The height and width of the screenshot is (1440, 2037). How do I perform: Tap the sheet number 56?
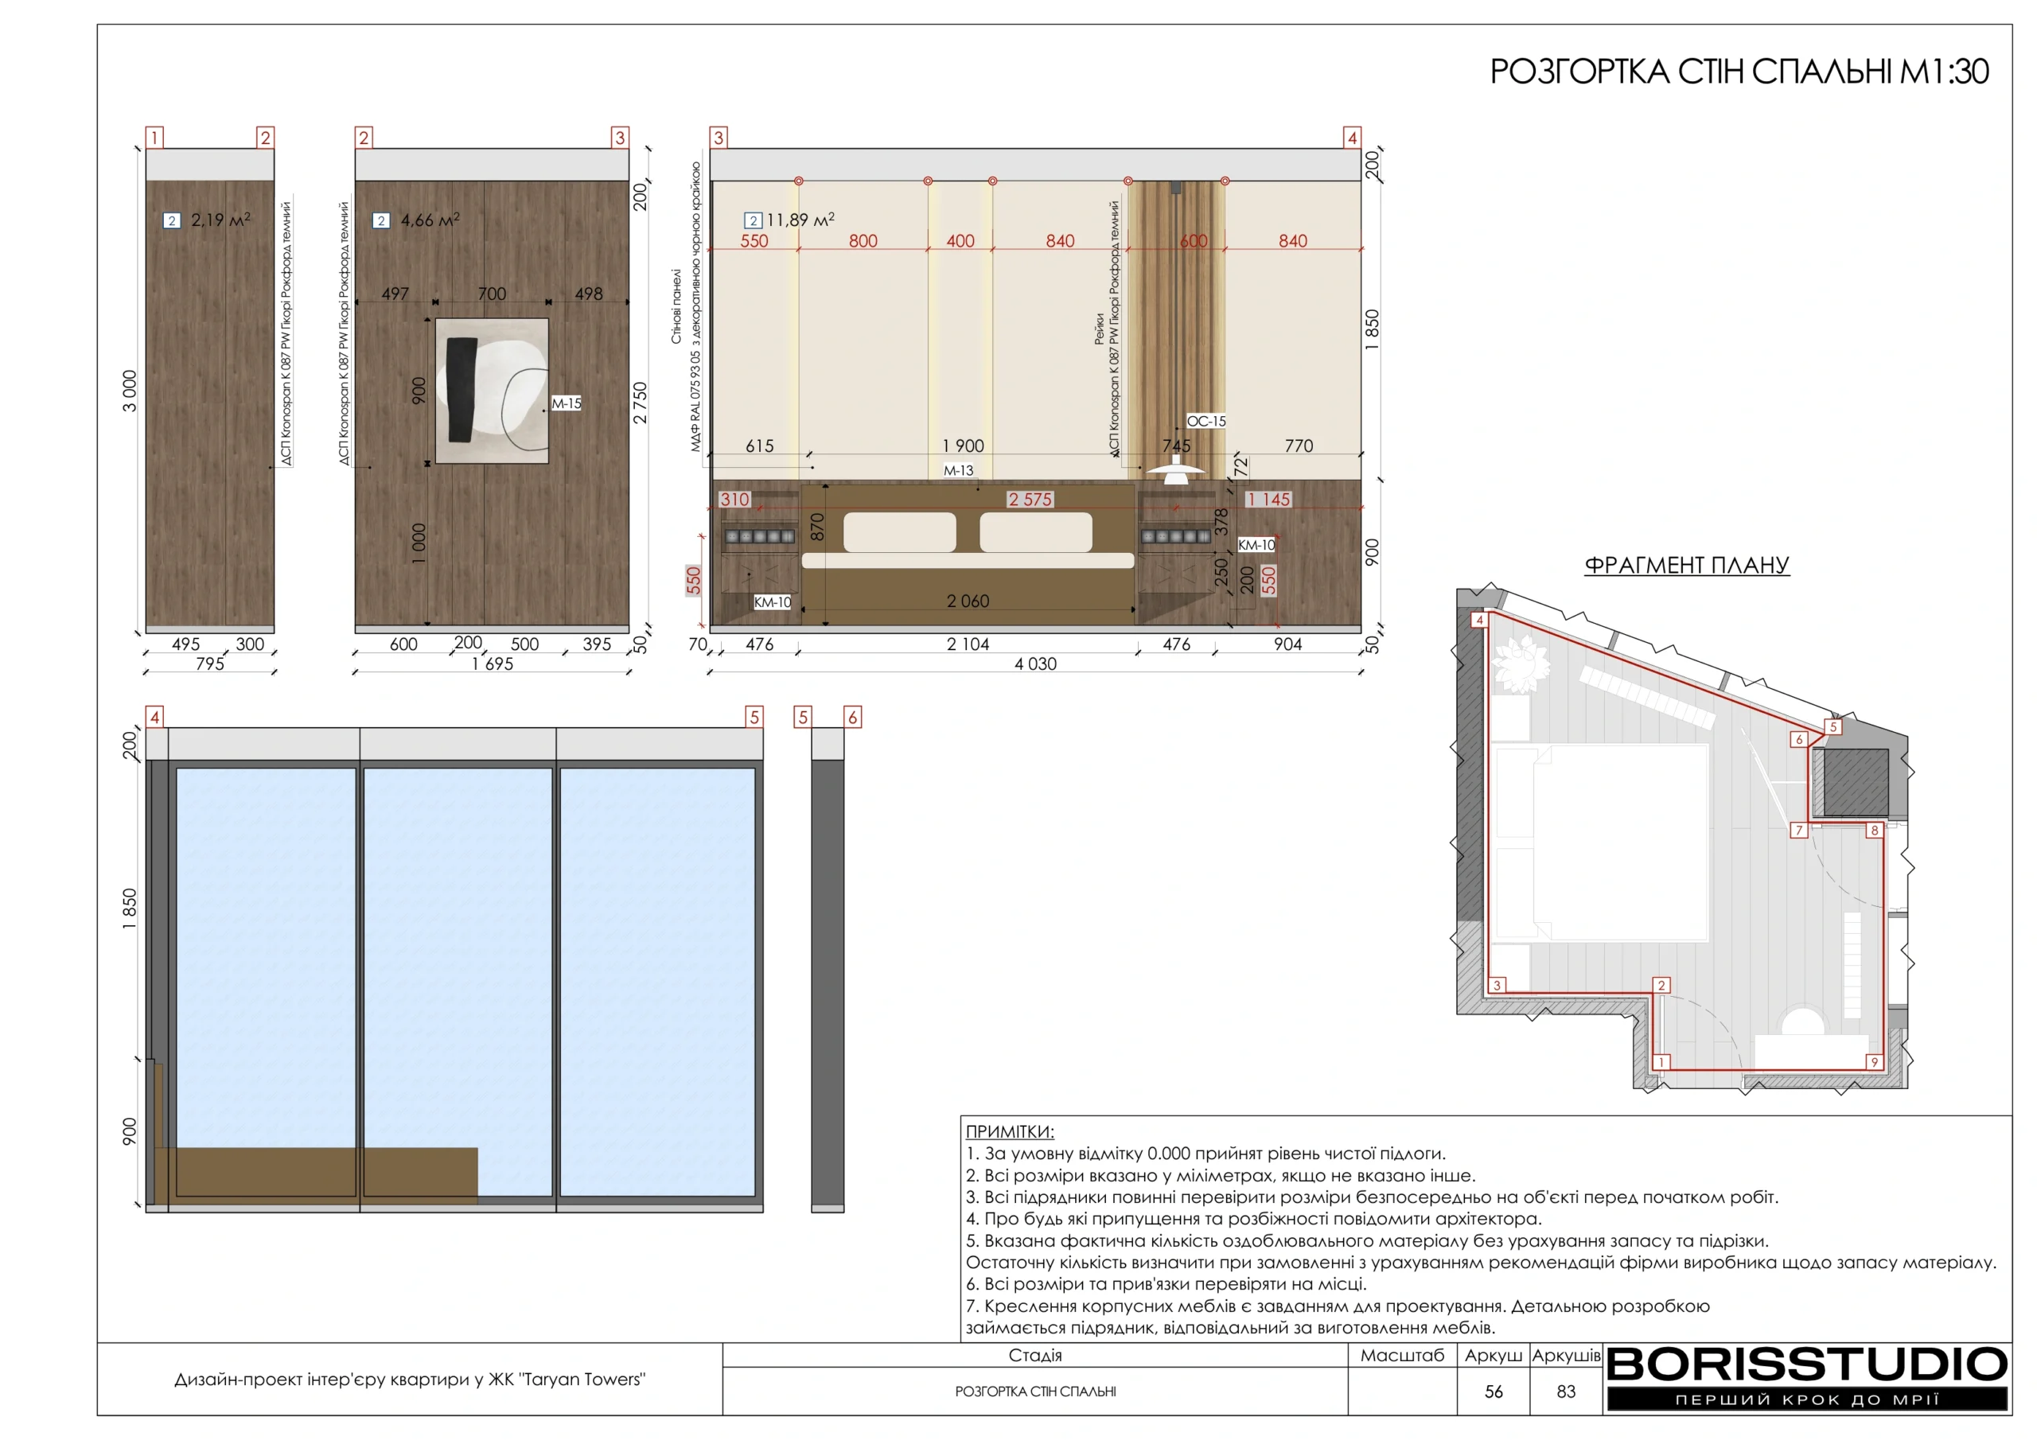[x=1494, y=1391]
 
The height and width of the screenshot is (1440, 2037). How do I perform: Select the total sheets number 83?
[x=1566, y=1391]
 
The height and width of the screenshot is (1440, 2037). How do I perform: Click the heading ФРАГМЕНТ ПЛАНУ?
[x=1687, y=565]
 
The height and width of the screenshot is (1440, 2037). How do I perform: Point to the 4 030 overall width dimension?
[x=1035, y=664]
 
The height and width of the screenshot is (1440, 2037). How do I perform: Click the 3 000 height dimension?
[x=130, y=391]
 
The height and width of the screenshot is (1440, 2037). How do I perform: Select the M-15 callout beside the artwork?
[x=566, y=403]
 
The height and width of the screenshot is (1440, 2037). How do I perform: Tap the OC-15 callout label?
[x=1206, y=421]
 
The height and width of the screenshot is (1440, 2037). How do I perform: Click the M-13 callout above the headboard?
[x=958, y=470]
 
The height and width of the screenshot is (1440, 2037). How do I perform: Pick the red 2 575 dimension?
[x=1030, y=500]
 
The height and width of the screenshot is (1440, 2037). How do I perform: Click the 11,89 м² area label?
[x=789, y=219]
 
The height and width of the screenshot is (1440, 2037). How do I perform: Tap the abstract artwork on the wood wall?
[x=493, y=391]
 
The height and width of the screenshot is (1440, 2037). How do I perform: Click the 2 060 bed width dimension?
[x=968, y=601]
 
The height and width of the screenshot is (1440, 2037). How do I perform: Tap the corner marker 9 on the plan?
[x=1874, y=1062]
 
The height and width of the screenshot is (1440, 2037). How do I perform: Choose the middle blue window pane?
[x=458, y=981]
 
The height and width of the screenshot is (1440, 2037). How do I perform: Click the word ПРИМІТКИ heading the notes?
[x=1010, y=1132]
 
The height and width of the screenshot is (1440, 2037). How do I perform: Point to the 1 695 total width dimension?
[x=493, y=664]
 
